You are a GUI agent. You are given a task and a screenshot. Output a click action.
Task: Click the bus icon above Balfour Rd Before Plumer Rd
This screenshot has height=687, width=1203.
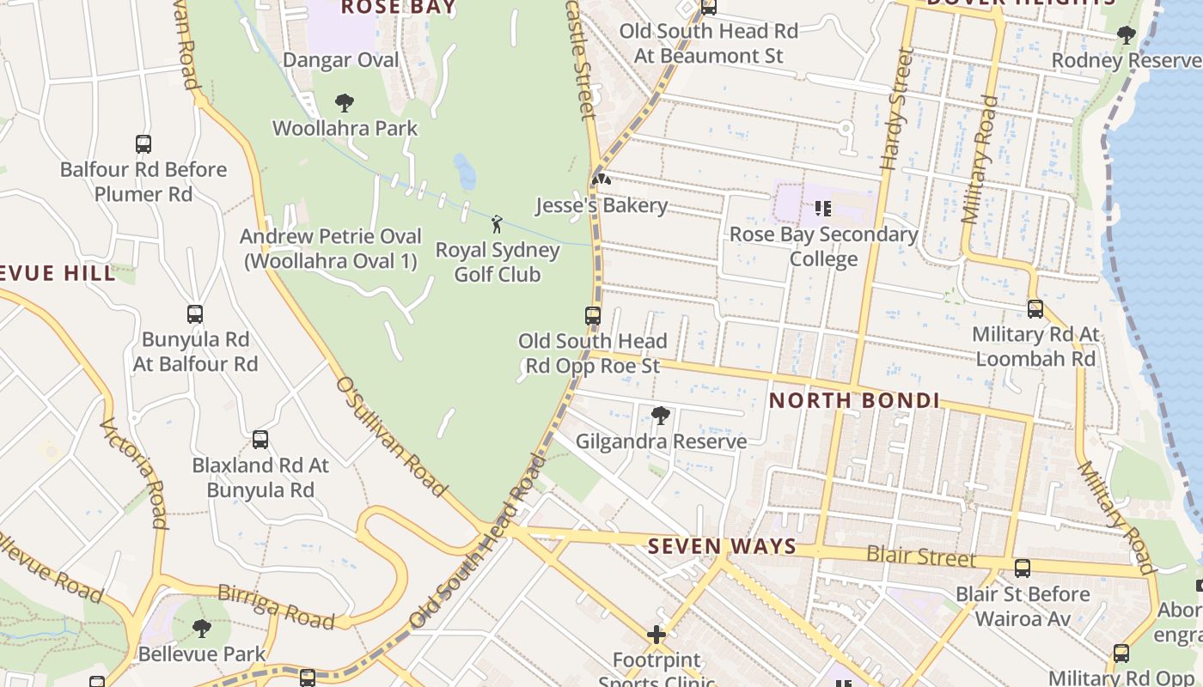click(144, 144)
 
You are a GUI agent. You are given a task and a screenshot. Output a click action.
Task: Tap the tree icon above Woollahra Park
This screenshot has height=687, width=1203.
click(345, 104)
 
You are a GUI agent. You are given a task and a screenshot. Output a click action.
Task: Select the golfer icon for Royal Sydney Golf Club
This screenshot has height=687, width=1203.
click(497, 225)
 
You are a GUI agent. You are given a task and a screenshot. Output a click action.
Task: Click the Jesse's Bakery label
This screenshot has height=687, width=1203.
click(601, 205)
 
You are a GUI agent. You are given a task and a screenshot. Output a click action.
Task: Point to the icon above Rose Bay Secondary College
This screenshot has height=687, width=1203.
click(823, 208)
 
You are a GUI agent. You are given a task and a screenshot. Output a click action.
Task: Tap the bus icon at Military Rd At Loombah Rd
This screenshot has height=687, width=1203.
click(1035, 309)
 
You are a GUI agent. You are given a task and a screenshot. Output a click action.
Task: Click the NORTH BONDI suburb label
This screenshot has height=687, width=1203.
click(853, 400)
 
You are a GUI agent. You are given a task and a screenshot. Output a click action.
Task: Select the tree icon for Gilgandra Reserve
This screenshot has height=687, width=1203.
click(661, 416)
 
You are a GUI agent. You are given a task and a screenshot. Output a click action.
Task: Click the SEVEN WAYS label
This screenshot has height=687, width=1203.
click(722, 546)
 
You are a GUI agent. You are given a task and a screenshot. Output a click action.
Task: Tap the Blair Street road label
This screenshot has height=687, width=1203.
click(920, 556)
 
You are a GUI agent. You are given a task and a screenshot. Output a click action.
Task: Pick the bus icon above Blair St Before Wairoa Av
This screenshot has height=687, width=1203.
click(1023, 568)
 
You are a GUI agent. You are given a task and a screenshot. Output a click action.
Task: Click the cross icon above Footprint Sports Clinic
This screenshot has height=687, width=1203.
click(656, 635)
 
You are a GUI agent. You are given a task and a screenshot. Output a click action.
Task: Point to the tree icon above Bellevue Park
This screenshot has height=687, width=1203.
click(202, 629)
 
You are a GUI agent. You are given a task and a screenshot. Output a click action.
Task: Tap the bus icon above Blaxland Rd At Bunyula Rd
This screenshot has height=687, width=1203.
click(260, 440)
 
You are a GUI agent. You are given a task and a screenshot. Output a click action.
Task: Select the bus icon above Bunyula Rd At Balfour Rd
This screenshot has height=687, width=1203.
click(195, 314)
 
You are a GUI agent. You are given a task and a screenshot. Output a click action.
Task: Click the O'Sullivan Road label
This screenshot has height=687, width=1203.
click(392, 436)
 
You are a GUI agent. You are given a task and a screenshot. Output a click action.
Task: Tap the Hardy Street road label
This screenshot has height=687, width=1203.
click(895, 109)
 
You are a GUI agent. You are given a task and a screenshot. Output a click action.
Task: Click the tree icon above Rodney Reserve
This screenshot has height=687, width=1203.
click(1126, 35)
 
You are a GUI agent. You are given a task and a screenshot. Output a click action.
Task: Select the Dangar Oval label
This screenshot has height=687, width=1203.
click(341, 60)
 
